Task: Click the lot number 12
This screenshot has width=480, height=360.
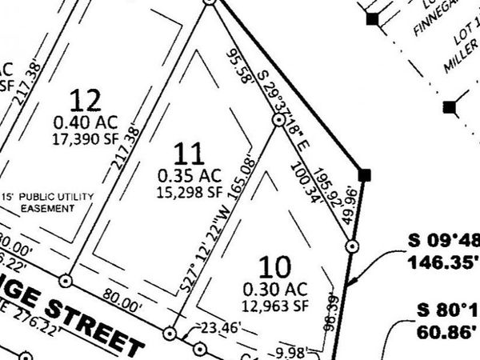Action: click(86, 101)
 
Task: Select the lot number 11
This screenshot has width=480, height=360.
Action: click(190, 153)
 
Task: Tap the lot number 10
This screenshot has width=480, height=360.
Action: click(272, 266)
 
